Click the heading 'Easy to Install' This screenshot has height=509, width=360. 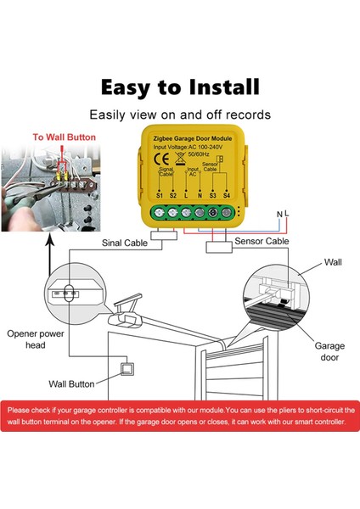[180, 87]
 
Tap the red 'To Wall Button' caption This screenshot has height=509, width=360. [65, 136]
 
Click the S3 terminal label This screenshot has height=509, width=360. [212, 220]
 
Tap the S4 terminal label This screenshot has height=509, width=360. [227, 220]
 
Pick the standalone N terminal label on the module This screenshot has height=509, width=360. [198, 220]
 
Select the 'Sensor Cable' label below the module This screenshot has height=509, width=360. [261, 241]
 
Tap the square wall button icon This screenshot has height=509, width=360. [129, 367]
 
